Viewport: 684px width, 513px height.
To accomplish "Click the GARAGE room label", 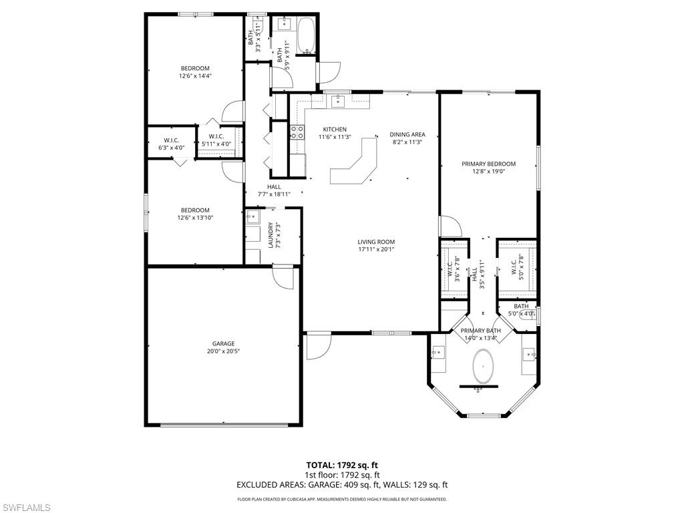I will (223, 344).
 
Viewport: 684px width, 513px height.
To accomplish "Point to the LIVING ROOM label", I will (376, 242).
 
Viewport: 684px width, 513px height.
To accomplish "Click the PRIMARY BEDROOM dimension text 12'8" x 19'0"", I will (488, 172).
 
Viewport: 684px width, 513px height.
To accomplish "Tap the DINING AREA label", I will (407, 134).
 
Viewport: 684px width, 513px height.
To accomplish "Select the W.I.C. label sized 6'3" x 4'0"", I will (170, 144).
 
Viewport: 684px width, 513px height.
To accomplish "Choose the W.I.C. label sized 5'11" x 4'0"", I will (216, 140).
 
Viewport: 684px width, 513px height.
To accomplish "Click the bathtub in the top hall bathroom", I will (307, 35).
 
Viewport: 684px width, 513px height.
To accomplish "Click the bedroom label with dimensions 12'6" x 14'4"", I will (194, 72).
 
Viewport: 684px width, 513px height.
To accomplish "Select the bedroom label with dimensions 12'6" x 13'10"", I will (195, 214).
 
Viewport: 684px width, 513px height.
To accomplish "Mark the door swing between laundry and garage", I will (283, 277).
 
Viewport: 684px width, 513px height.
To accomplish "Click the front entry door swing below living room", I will (318, 347).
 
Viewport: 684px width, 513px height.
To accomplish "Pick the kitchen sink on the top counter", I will (338, 100).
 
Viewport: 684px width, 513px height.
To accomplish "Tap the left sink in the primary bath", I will (437, 353).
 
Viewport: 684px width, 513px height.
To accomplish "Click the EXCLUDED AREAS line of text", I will (342, 485).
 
